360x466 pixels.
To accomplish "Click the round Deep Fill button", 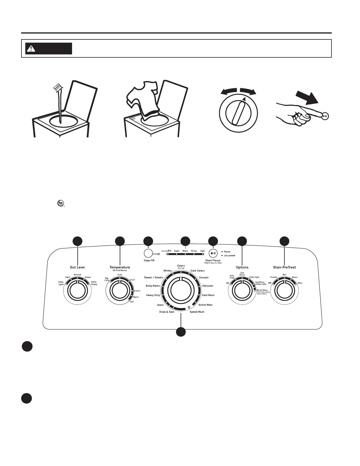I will (x=148, y=253).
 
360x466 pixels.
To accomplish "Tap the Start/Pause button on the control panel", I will (x=213, y=253).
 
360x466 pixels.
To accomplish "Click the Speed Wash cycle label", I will (x=197, y=312).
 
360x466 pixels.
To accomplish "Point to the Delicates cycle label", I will (x=208, y=286).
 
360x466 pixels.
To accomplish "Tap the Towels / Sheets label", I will (x=154, y=277).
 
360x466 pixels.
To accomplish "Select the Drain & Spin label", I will (x=167, y=312).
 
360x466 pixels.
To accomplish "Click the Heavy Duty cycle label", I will (x=153, y=295).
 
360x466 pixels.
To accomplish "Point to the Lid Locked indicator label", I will (x=229, y=256).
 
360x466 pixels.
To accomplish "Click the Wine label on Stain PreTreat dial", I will (x=300, y=283).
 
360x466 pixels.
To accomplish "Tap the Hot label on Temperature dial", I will (x=132, y=302).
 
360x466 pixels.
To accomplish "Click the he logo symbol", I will (x=61, y=203).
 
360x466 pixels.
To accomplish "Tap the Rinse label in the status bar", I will (x=194, y=251).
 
